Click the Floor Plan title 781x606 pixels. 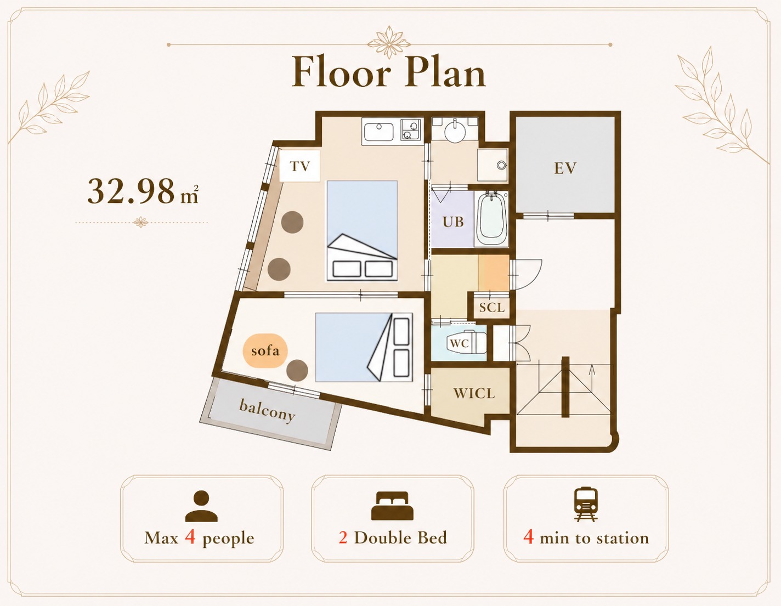[x=388, y=72]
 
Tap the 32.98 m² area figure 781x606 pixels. [x=143, y=191]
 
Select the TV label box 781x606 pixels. [x=300, y=166]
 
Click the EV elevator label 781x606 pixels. [x=565, y=168]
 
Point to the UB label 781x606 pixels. [x=453, y=222]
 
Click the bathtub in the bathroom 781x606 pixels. [x=491, y=219]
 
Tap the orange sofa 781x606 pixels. [x=265, y=350]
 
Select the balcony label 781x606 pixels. [x=267, y=411]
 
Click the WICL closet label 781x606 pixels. [x=474, y=393]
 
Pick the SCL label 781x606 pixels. [x=491, y=307]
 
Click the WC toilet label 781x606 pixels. [x=459, y=343]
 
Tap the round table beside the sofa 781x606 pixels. [x=297, y=370]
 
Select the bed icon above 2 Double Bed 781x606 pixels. [x=392, y=506]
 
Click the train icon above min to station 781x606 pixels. [x=586, y=504]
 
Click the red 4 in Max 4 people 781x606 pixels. [x=190, y=537]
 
